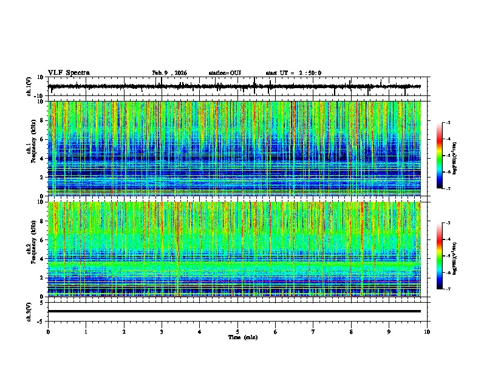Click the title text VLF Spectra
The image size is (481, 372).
69,73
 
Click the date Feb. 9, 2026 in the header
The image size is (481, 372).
169,73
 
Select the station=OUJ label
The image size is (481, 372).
225,73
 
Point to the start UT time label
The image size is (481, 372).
293,73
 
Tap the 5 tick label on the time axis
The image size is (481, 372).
237,332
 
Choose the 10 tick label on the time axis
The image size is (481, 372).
427,332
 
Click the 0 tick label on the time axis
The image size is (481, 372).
48,332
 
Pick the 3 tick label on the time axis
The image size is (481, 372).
162,332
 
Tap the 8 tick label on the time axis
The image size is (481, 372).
351,332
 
